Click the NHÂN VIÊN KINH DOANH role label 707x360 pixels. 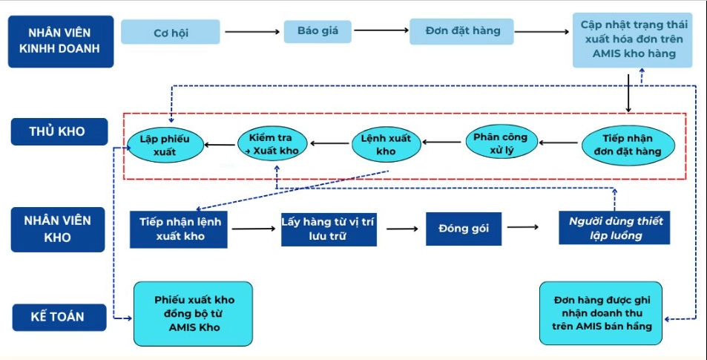tap(62, 42)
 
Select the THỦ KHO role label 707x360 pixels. tap(58, 131)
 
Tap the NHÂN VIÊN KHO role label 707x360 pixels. tap(58, 229)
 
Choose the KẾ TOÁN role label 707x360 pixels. tap(58, 317)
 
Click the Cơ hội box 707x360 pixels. tap(171, 32)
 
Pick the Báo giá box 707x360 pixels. tap(318, 31)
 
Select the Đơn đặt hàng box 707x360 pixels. tap(462, 31)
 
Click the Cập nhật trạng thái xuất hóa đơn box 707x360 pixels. tap(633, 39)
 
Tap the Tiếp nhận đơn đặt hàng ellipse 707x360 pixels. tap(628, 145)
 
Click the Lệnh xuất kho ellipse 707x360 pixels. tap(386, 145)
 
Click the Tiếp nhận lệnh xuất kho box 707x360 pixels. tap(180, 229)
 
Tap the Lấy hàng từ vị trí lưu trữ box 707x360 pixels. tap(329, 229)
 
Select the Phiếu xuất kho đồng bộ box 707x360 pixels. tap(194, 313)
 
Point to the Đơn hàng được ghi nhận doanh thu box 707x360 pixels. tap(602, 313)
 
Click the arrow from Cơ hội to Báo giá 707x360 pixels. tap(251, 32)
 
